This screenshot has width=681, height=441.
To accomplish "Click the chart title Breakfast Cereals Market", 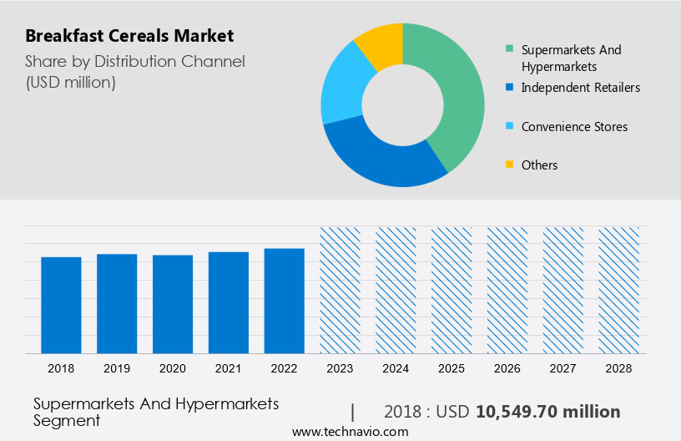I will coord(129,36).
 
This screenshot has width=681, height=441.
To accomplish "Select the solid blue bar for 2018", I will coord(61,305).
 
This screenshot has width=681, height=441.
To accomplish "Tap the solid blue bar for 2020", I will coord(173,304).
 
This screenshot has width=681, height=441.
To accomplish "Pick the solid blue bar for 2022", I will coord(284,301).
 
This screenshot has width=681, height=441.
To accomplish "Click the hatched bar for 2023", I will coord(340,290).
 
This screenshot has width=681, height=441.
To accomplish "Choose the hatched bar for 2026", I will coord(507,290).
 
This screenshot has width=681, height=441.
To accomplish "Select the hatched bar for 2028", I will coord(618,290).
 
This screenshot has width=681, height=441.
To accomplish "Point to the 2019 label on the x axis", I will coord(117,368).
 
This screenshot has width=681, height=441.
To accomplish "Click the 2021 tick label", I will coord(229,368).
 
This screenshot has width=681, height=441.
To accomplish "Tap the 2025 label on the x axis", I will coord(451,368).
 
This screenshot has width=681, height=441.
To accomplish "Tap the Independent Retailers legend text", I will coord(580,87).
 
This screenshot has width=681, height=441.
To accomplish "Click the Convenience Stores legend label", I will coord(574,127).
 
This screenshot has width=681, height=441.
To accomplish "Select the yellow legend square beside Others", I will coord(508,165).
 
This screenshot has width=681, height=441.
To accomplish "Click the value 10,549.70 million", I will coord(547,412).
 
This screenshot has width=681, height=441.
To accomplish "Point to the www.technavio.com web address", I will coord(350,432).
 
